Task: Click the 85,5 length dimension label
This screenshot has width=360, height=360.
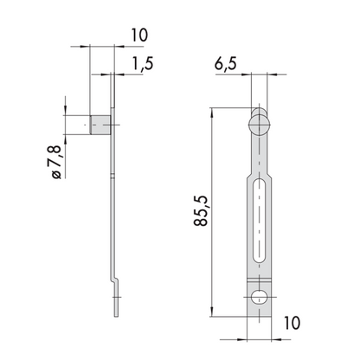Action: (x=201, y=210)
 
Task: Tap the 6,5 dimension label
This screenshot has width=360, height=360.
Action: (x=225, y=63)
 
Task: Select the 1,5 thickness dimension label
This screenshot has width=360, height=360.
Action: (x=143, y=63)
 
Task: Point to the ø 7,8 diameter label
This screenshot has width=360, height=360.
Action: (x=56, y=162)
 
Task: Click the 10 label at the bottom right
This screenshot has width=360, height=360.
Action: (x=292, y=323)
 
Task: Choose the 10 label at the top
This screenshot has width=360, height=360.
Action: (x=139, y=35)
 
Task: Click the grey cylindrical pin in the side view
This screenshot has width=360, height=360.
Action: (x=100, y=125)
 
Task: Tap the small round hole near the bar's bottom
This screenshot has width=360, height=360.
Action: (x=260, y=297)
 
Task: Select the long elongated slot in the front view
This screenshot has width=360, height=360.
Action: (x=260, y=221)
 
